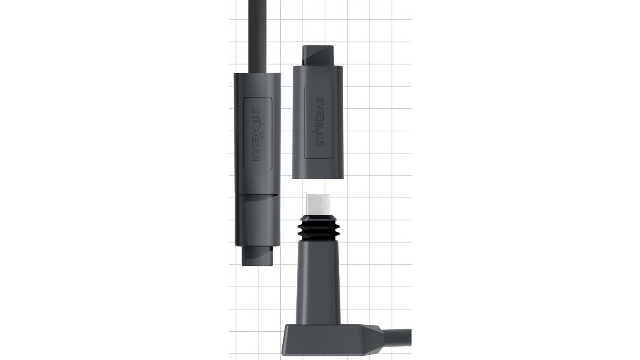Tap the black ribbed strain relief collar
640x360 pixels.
[x=318, y=230]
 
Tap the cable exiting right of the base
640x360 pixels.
[x=400, y=337]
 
